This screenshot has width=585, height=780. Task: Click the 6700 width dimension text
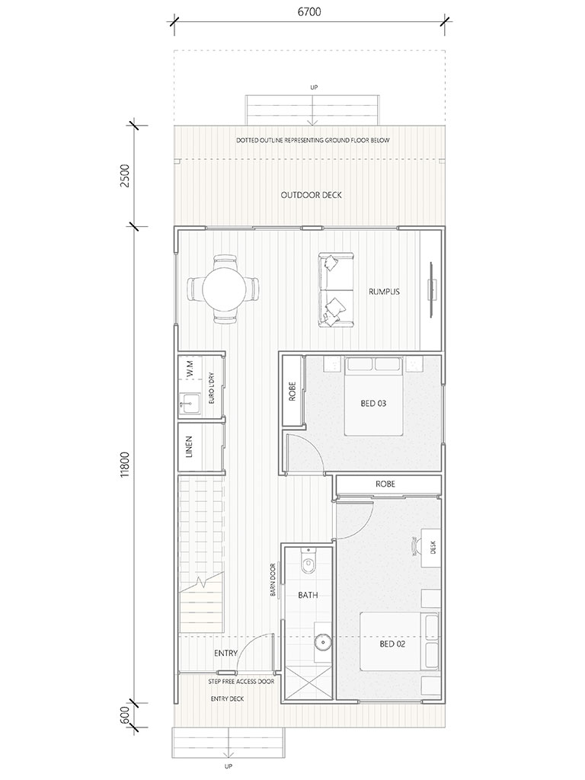309,11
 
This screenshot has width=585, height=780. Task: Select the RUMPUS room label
384,292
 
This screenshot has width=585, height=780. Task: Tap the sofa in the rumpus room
337,290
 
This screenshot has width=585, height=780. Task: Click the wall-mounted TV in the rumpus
433,289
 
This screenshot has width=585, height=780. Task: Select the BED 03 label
373,403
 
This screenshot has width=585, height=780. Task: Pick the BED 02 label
392,644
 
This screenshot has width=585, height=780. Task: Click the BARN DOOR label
273,580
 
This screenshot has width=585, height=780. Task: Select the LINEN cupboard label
189,446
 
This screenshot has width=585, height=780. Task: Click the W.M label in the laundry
189,369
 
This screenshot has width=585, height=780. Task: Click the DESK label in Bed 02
433,548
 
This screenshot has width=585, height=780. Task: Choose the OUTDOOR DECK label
312,195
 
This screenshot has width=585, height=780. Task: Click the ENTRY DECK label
227,699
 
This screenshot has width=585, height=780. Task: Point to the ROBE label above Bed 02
385,484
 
